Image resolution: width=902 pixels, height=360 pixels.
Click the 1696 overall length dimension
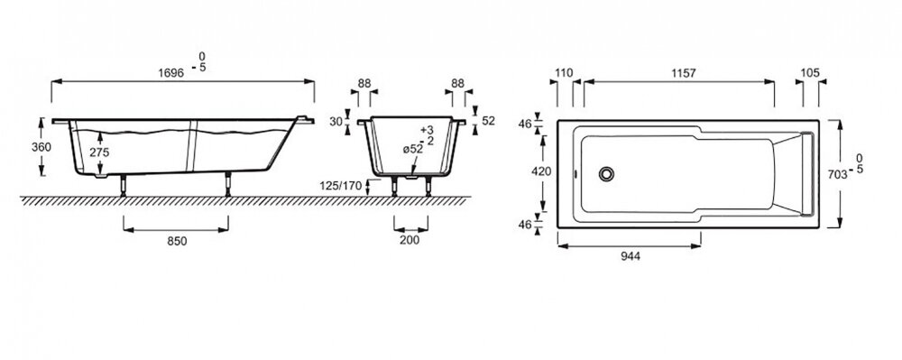[x=170, y=73]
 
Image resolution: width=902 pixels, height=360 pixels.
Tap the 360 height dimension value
[x=41, y=147]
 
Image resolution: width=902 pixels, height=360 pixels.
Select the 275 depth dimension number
[x=99, y=152]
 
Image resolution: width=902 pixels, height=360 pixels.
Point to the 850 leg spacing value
[x=177, y=242]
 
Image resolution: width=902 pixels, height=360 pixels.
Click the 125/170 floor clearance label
[x=341, y=186]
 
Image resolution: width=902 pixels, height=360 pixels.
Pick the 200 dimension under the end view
[x=410, y=240]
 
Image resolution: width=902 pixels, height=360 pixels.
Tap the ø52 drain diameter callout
[x=412, y=149]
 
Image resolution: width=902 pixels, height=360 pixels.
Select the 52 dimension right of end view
[x=489, y=121]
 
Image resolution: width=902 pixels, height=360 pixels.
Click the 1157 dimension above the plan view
[x=683, y=73]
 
